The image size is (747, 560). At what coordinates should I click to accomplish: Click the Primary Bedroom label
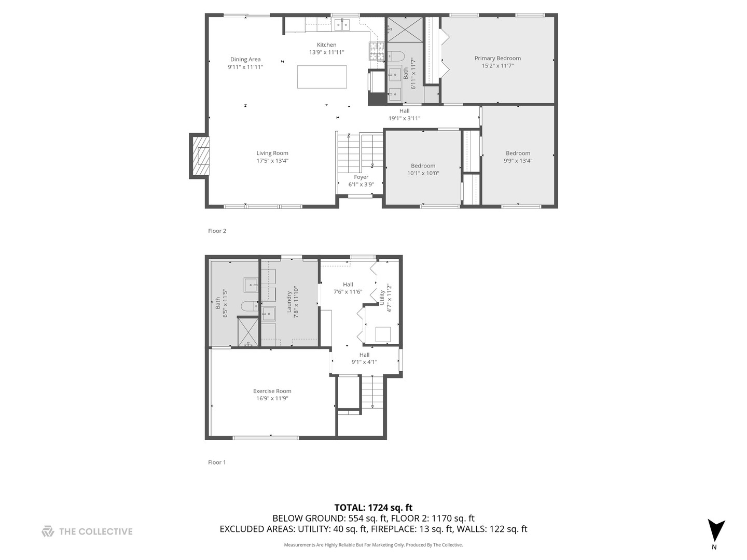497,59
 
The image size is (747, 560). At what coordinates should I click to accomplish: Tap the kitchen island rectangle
322,77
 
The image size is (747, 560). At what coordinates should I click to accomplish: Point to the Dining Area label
245,60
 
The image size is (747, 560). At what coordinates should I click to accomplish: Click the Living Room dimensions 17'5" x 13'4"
272,161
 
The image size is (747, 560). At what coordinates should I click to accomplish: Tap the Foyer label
361,177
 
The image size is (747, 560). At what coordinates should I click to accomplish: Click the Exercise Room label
272,391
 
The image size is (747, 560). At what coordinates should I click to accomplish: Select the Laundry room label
289,302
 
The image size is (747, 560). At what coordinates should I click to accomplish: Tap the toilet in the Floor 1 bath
249,306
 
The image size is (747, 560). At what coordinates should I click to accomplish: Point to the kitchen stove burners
377,50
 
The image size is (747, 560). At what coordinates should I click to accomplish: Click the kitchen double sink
342,24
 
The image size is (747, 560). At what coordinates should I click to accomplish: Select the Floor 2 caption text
217,231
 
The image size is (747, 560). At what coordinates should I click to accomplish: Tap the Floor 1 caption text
217,463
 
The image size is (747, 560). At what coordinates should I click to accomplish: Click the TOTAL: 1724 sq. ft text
373,508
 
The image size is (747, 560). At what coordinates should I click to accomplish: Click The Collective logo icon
48,531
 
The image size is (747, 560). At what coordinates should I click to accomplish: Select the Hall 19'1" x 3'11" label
404,115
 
